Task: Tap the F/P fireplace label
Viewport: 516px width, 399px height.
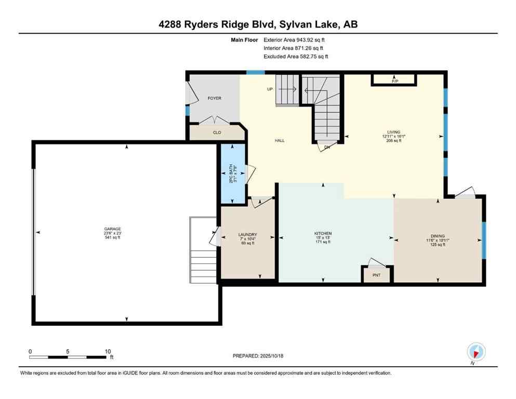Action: click(x=394, y=81)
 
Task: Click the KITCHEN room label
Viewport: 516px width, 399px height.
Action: click(x=323, y=233)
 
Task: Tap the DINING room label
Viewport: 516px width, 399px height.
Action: click(x=437, y=235)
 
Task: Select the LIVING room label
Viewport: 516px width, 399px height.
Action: click(x=393, y=132)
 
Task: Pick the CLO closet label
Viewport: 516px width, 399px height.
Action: click(x=217, y=133)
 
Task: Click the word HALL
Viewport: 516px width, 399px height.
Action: click(x=280, y=140)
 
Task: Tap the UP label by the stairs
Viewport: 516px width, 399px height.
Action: click(x=270, y=89)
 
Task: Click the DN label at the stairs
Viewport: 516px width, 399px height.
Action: click(x=327, y=147)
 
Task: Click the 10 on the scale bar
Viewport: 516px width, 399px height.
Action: click(x=107, y=351)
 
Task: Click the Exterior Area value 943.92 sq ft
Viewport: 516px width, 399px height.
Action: click(x=310, y=39)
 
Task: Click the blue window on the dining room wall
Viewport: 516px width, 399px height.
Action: click(x=483, y=240)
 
